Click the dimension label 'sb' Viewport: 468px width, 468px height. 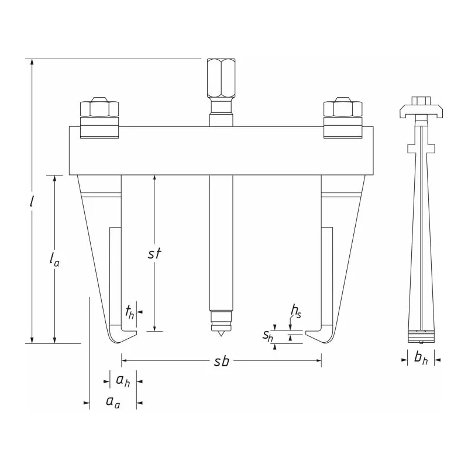[222, 362]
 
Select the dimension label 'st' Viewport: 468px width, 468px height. [154, 253]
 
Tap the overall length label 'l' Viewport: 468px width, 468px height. [32, 201]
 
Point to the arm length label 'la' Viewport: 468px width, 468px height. [54, 259]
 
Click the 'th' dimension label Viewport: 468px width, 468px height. [129, 312]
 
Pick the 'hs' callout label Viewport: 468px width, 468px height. [296, 312]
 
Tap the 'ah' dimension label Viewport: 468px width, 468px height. [123, 381]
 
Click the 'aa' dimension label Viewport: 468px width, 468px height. [113, 402]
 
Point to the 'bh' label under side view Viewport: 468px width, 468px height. [421, 358]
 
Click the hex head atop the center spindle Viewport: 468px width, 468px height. [221, 78]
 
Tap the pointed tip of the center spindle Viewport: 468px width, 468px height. [221, 336]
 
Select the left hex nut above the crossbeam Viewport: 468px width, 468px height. [99, 109]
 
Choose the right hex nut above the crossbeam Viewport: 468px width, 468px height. [343, 109]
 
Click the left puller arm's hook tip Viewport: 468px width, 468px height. [136, 332]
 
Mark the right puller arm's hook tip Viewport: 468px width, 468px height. [305, 332]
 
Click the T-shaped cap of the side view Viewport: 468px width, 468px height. [421, 111]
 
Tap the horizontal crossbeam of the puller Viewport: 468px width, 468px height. [221, 151]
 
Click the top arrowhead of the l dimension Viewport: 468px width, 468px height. [32, 62]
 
